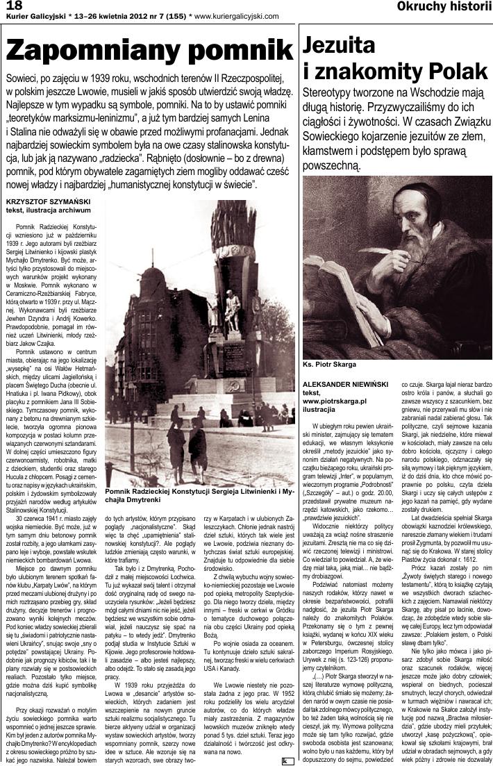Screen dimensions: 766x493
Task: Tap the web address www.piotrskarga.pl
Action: tap(335, 401)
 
